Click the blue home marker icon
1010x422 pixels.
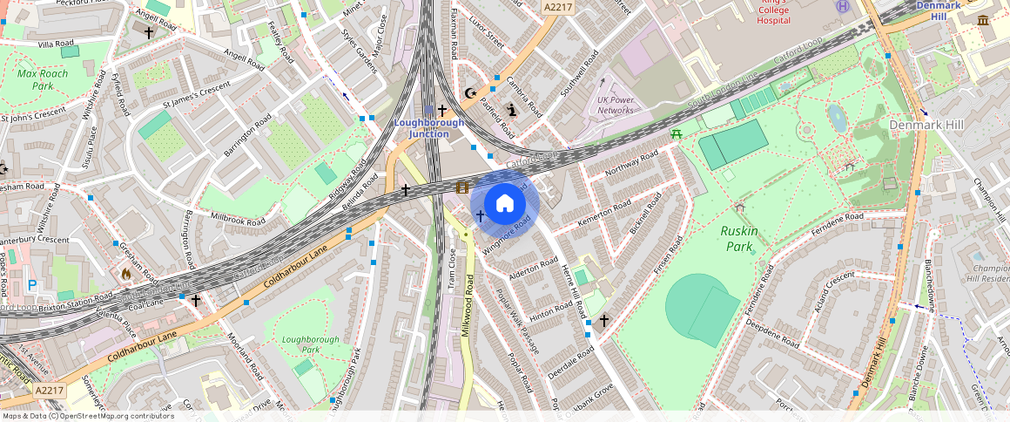coord(505,204)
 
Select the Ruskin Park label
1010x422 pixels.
coord(739,239)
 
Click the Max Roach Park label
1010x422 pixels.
coord(43,80)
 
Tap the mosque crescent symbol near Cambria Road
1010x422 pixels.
coord(472,92)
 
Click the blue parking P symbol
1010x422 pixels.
coord(33,285)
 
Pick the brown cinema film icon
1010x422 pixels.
coord(461,187)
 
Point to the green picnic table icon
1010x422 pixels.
coord(676,133)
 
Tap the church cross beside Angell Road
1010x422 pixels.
coord(149,32)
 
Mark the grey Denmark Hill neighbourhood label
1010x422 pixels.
coord(926,126)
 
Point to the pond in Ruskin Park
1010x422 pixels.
coord(837,118)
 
